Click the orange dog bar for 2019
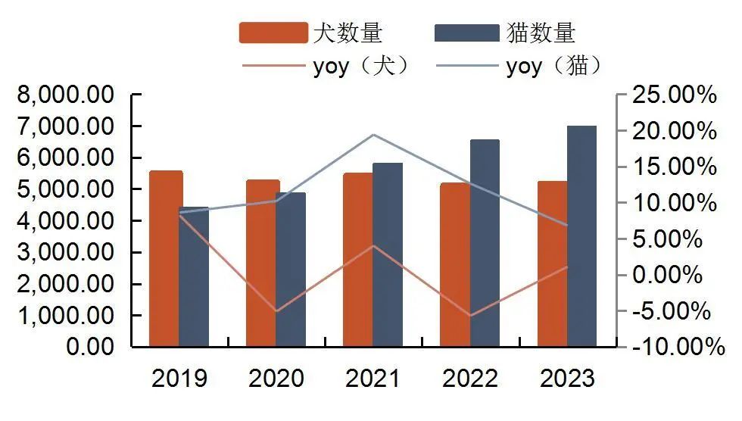(166, 259)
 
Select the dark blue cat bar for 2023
(581, 236)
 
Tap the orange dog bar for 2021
(359, 260)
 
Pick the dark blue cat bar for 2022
(485, 243)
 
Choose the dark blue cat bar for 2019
(194, 276)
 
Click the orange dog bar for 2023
(553, 264)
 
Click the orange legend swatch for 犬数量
(273, 33)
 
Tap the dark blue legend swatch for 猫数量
(467, 33)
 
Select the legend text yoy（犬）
(360, 67)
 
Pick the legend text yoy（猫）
(554, 67)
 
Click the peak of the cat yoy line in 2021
(373, 135)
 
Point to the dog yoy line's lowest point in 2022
(470, 315)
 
